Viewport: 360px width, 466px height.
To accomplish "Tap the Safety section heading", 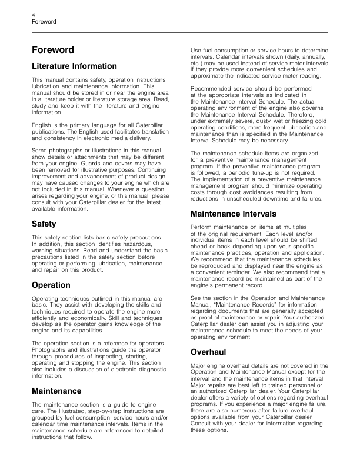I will (x=45, y=224).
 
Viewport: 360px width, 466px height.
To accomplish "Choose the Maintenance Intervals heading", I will (x=234, y=214).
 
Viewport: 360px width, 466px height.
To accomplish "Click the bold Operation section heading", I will (x=51, y=285).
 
